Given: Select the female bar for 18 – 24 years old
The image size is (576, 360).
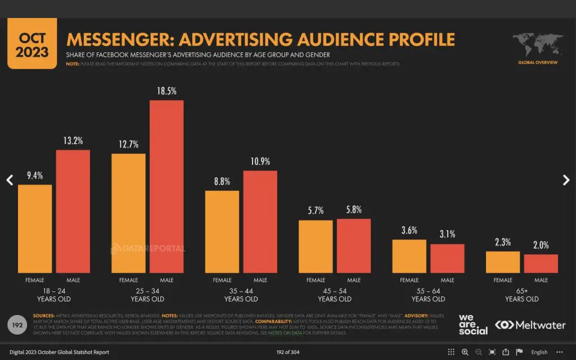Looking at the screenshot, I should pos(35,228).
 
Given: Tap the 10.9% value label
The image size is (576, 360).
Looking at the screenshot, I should pos(260,161).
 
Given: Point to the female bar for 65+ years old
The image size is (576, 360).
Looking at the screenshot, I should pos(503,262).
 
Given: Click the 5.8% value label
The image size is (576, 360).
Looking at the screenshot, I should pos(354,209).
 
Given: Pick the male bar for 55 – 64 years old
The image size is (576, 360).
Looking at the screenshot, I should pos(447,258).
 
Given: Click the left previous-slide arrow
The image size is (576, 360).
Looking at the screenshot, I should pos(9,180).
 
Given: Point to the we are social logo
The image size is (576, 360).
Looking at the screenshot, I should pos(473,324).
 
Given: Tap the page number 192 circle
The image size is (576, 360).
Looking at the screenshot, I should pos(17,325).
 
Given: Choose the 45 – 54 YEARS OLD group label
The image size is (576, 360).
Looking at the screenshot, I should pos(335,295).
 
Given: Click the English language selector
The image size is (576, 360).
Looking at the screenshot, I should pos(539,352).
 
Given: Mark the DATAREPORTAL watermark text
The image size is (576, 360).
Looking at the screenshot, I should pos(147,248).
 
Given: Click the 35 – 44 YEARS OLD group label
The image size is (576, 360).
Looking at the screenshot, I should pos(241,295).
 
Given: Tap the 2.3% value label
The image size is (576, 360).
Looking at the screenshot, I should pos(503,242).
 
